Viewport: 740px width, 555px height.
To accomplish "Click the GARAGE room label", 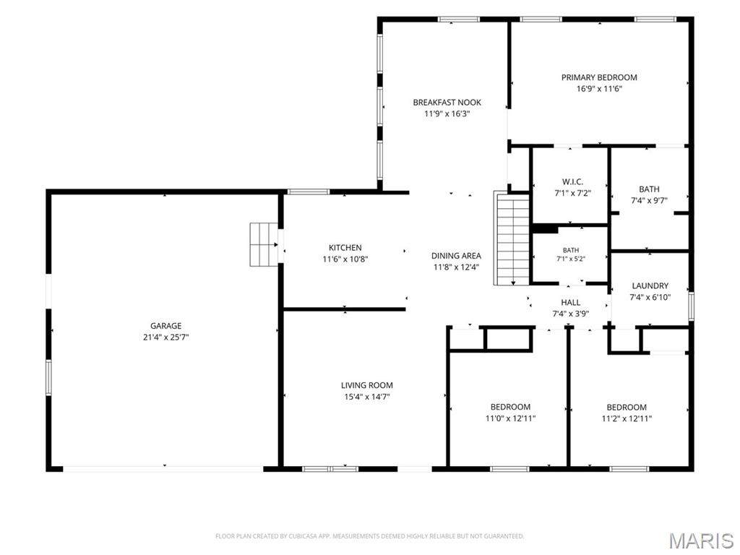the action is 165,326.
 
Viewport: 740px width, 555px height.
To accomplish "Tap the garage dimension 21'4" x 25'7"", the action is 165,337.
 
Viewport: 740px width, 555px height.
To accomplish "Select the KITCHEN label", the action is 345,247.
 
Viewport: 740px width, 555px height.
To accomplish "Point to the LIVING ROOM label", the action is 366,385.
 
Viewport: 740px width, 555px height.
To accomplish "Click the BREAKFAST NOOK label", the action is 447,102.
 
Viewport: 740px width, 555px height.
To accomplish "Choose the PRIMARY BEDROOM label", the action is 599,77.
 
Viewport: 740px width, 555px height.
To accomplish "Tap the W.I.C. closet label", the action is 572,181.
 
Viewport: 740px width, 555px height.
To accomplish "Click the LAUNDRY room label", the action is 650,285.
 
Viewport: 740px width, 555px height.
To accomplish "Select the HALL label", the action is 571,303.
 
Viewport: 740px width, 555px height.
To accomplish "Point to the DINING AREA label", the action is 456,256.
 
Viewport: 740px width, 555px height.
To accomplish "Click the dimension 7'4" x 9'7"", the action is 649,200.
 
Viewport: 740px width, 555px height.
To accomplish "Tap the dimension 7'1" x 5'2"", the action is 571,259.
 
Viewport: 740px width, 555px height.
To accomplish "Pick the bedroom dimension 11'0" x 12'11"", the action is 510,418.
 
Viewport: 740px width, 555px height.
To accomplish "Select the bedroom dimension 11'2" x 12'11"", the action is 627,418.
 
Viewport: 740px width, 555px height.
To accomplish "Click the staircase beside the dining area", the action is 512,238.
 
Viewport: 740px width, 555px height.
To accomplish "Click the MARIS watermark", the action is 700,541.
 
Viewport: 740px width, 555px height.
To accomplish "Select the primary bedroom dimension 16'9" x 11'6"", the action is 599,89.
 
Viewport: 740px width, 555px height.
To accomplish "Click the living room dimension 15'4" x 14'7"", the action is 366,397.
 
